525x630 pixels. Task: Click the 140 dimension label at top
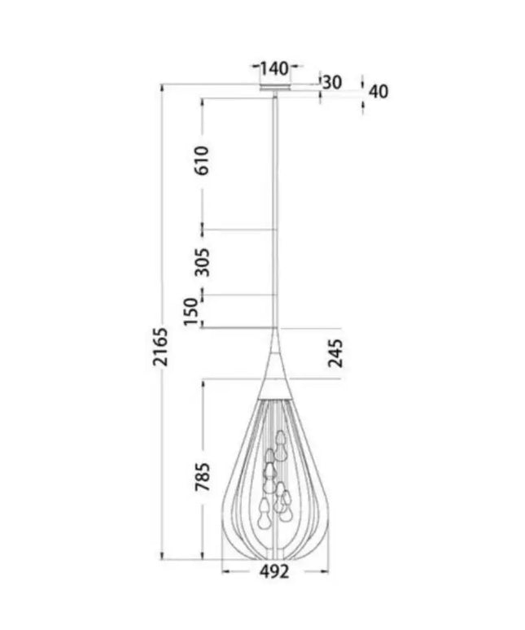point(274,68)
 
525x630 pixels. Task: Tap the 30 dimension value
point(331,81)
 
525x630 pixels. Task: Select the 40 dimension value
point(377,91)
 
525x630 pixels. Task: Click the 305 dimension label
point(202,262)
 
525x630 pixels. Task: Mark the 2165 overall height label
point(161,348)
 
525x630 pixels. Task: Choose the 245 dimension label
point(336,353)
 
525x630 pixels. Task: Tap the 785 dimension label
point(202,476)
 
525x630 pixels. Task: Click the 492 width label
point(274,572)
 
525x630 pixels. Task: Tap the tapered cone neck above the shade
point(275,358)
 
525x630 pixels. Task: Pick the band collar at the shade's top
point(275,388)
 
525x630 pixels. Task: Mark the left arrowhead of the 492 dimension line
point(226,571)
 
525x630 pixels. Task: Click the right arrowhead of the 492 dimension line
point(324,571)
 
